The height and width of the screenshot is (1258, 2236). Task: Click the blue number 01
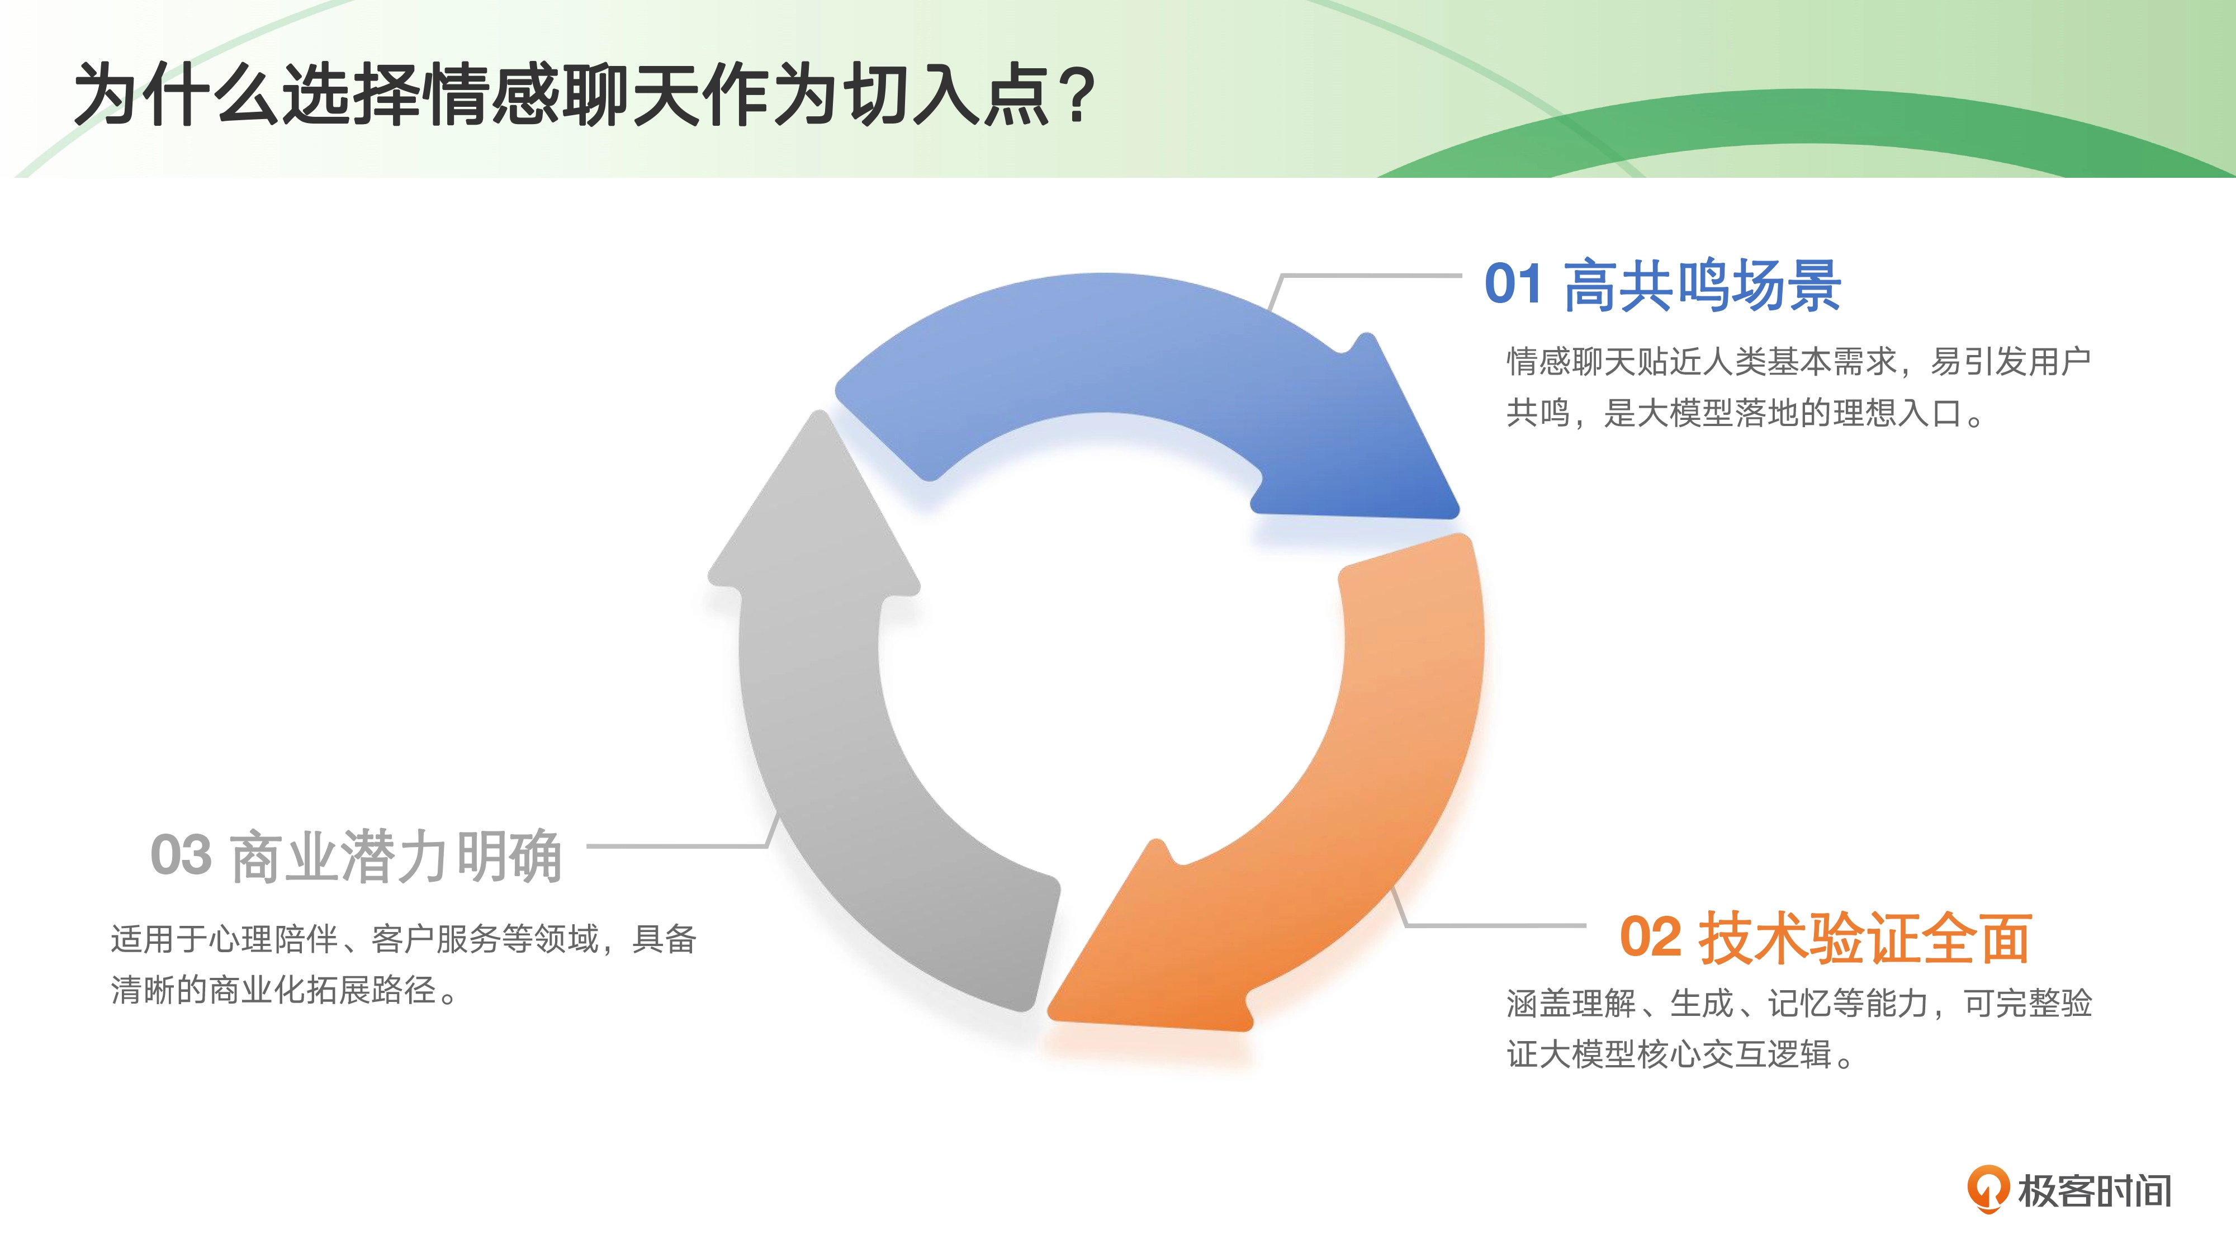point(1513,284)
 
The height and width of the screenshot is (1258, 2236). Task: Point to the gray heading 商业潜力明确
point(396,856)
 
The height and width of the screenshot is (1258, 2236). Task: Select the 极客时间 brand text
point(2095,1190)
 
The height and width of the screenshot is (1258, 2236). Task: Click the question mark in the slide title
point(1079,96)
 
